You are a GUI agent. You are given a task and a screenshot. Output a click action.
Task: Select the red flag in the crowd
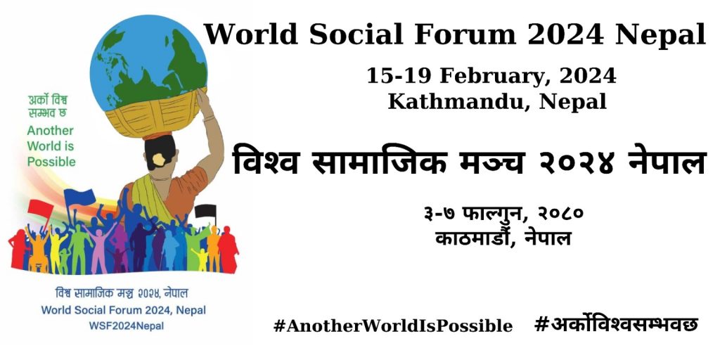pos(42,210)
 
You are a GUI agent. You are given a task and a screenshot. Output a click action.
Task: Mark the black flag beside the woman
pos(205,211)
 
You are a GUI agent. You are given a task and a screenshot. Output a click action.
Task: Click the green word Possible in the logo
pos(51,161)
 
